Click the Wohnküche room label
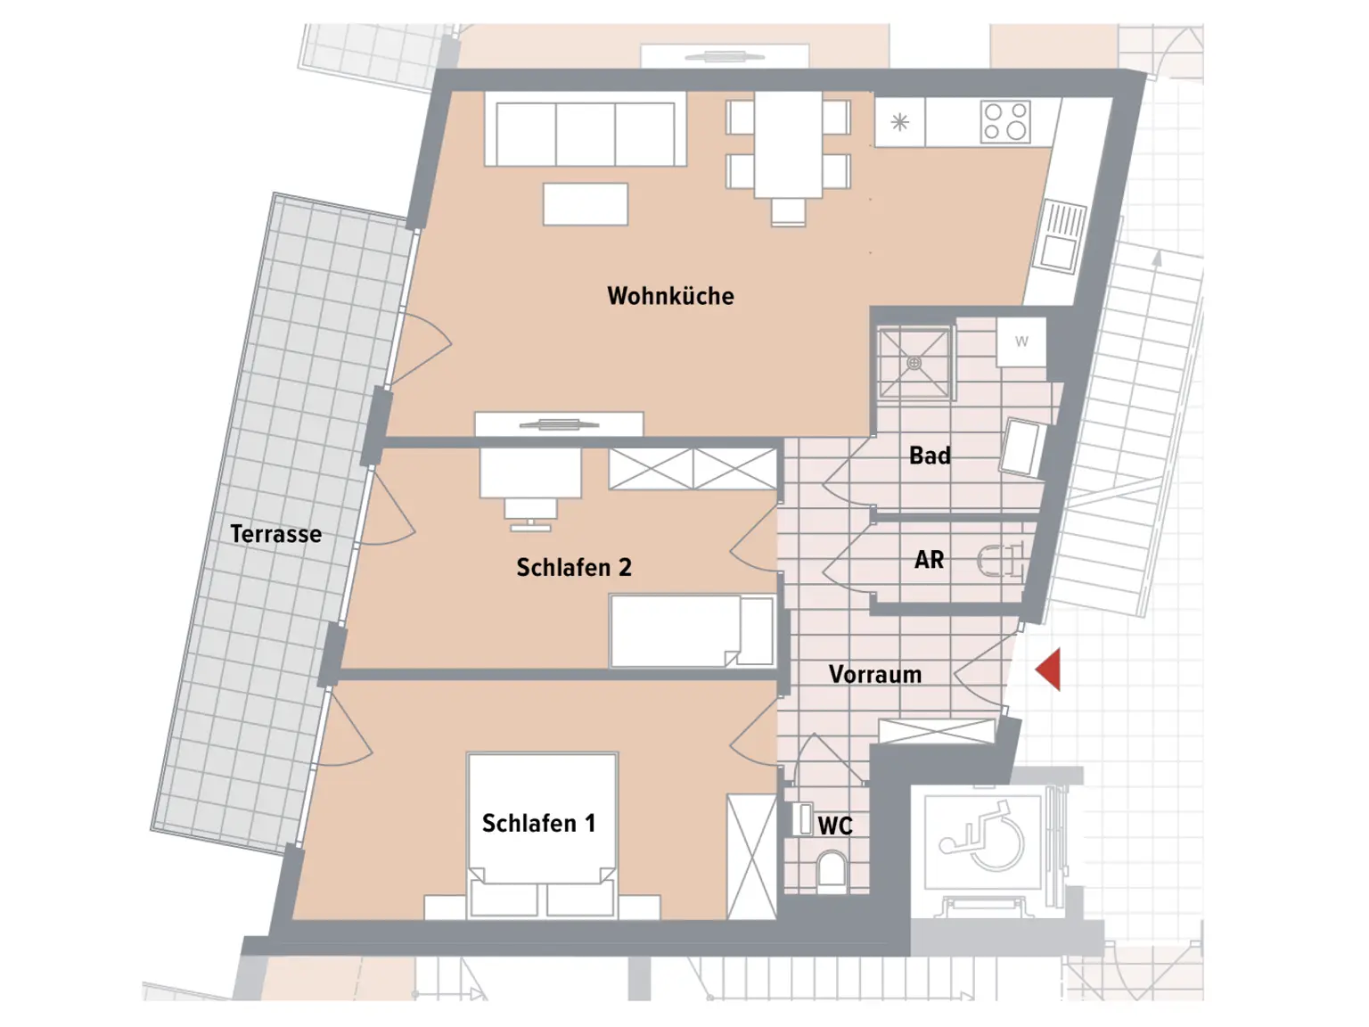[x=670, y=296]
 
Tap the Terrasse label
[x=275, y=534]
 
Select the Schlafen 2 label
[x=573, y=567]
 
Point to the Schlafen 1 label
[x=538, y=823]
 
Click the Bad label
[x=930, y=456]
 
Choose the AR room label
[x=929, y=560]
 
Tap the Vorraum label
[x=874, y=674]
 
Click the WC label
[x=835, y=826]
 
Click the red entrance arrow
[x=1049, y=670]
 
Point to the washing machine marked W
[x=1021, y=341]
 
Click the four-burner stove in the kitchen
[x=1005, y=122]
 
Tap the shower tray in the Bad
[x=914, y=363]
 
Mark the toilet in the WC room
[x=831, y=870]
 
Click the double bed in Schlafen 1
[x=542, y=834]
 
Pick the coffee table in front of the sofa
[x=586, y=204]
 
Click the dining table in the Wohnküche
[x=788, y=144]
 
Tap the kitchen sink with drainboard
[x=1061, y=235]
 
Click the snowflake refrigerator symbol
[x=900, y=122]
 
